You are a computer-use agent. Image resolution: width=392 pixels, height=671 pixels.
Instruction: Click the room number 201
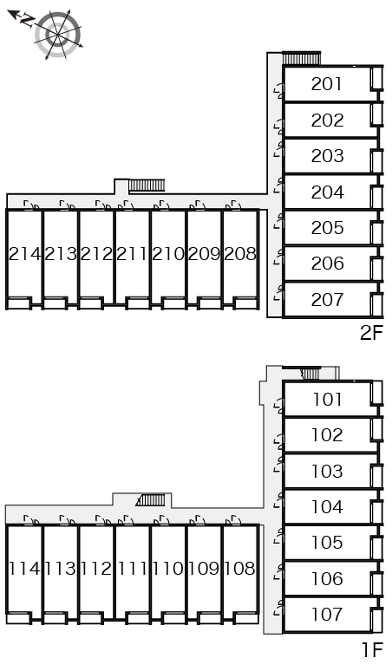click(327, 84)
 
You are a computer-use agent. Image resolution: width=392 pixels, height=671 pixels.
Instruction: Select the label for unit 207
click(327, 300)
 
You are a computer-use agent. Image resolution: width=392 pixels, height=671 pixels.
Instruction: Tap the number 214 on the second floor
click(25, 254)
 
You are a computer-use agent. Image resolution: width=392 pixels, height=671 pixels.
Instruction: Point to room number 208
click(240, 254)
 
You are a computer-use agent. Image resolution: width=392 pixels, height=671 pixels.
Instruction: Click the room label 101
click(327, 400)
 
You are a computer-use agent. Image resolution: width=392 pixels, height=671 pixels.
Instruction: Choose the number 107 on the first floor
click(327, 614)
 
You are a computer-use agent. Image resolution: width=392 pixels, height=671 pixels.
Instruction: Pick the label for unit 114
click(25, 569)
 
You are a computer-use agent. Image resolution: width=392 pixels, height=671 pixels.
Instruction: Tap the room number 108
click(240, 569)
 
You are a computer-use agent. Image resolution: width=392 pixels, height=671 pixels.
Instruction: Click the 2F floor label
click(371, 333)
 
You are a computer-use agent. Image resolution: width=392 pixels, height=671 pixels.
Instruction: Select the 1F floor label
click(372, 650)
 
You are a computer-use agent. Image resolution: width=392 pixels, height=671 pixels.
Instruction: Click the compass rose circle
click(58, 34)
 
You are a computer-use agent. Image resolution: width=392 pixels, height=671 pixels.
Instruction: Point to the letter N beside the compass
click(28, 20)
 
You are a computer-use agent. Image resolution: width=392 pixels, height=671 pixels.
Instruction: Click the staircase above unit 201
click(301, 58)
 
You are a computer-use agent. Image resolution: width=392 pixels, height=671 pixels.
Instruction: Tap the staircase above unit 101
click(310, 373)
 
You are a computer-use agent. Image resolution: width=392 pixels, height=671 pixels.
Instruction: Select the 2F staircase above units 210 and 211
click(147, 186)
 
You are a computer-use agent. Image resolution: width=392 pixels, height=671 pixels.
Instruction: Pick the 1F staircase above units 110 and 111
click(151, 500)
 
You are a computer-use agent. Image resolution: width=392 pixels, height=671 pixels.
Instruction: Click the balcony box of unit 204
click(377, 198)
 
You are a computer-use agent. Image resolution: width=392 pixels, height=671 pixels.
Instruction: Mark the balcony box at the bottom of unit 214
click(19, 303)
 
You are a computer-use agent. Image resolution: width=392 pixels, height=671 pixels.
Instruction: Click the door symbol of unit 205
click(279, 223)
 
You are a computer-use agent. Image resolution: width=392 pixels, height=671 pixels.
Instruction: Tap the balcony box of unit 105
click(377, 548)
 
